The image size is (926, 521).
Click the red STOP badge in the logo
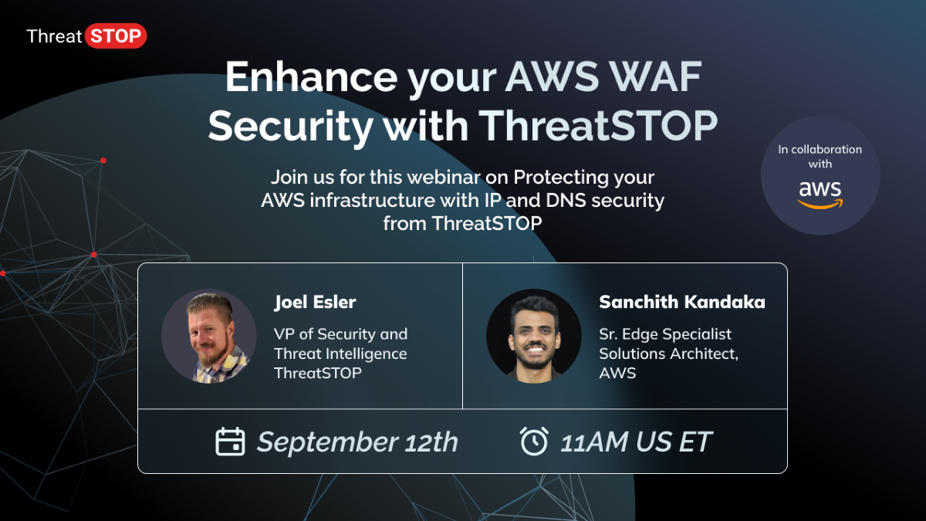pos(115,36)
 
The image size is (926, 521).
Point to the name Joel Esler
pos(315,302)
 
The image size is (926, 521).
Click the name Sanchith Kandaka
pos(682,302)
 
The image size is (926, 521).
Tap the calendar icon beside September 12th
pos(230,441)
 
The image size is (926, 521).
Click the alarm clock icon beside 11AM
pos(534,441)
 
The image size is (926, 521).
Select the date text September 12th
pos(357,442)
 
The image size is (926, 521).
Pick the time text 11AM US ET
pos(636,442)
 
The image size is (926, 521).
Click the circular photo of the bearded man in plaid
pos(208,336)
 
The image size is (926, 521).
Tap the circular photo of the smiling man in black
pos(533,336)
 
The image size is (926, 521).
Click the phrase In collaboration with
pos(820,157)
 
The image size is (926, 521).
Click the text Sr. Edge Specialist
pos(665,334)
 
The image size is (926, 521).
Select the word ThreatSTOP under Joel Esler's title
pos(318,373)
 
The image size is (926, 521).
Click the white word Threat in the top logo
pos(54,36)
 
